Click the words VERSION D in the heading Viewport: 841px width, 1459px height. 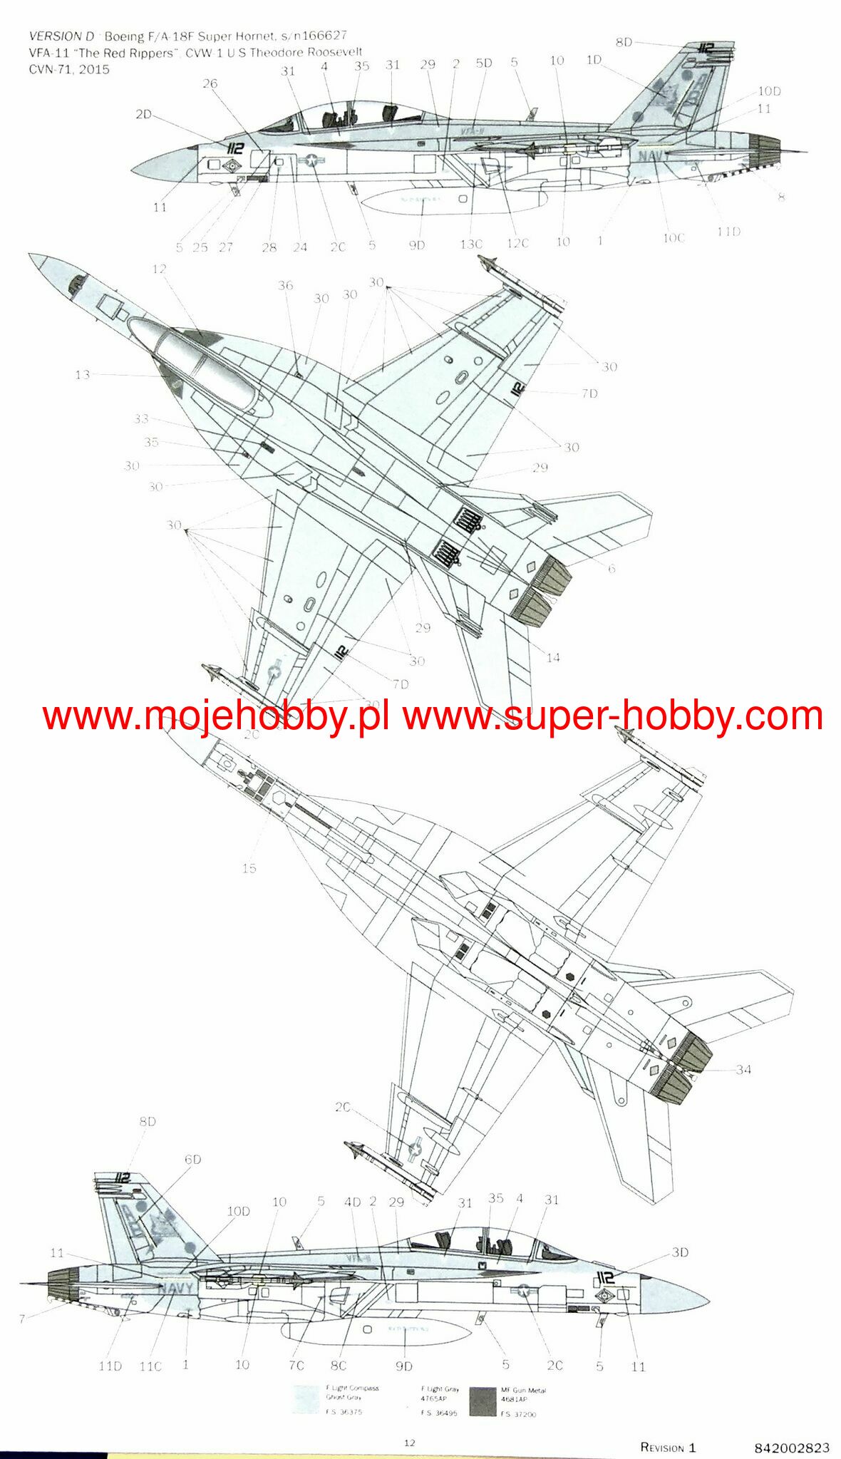pos(61,36)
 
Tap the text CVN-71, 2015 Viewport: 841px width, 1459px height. pos(69,69)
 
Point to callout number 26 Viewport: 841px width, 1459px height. pos(210,83)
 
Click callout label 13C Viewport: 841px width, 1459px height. pos(470,244)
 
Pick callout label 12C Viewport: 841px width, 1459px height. pos(517,243)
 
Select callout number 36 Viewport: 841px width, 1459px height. pos(285,285)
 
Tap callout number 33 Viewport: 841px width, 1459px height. pos(141,418)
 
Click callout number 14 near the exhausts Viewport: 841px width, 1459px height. pos(553,657)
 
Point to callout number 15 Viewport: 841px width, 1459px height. pos(249,868)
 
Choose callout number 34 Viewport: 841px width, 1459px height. pos(743,1069)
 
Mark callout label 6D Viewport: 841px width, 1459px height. pos(193,1160)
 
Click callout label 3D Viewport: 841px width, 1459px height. pos(680,1252)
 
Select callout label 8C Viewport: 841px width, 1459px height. pos(339,1366)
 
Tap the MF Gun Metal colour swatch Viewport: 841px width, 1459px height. pos(483,1401)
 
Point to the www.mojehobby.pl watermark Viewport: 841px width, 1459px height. pos(215,716)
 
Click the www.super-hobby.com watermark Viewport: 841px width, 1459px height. pos(613,716)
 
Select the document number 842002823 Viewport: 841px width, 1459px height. pos(791,1448)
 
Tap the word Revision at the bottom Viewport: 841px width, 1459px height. pos(662,1448)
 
